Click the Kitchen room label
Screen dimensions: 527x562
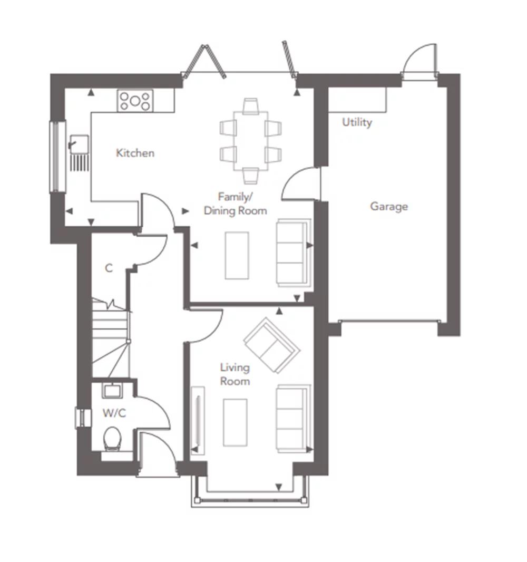(x=135, y=153)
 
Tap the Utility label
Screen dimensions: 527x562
(x=357, y=122)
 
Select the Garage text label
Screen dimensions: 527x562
(x=389, y=207)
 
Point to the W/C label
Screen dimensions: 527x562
(x=114, y=413)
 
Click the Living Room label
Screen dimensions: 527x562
(x=235, y=374)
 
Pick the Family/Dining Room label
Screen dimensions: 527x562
(x=236, y=204)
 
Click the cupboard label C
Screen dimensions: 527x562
(x=109, y=268)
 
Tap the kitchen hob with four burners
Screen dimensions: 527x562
(x=135, y=101)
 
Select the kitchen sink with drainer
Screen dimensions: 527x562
(x=79, y=152)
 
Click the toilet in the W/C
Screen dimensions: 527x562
(x=112, y=438)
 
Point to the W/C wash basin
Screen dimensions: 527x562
(x=112, y=391)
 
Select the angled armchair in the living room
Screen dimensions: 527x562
(x=272, y=345)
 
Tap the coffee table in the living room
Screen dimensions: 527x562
(x=235, y=423)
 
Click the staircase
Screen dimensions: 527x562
(x=110, y=338)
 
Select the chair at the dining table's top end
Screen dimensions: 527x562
(x=250, y=106)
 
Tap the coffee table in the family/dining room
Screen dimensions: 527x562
(x=237, y=255)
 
